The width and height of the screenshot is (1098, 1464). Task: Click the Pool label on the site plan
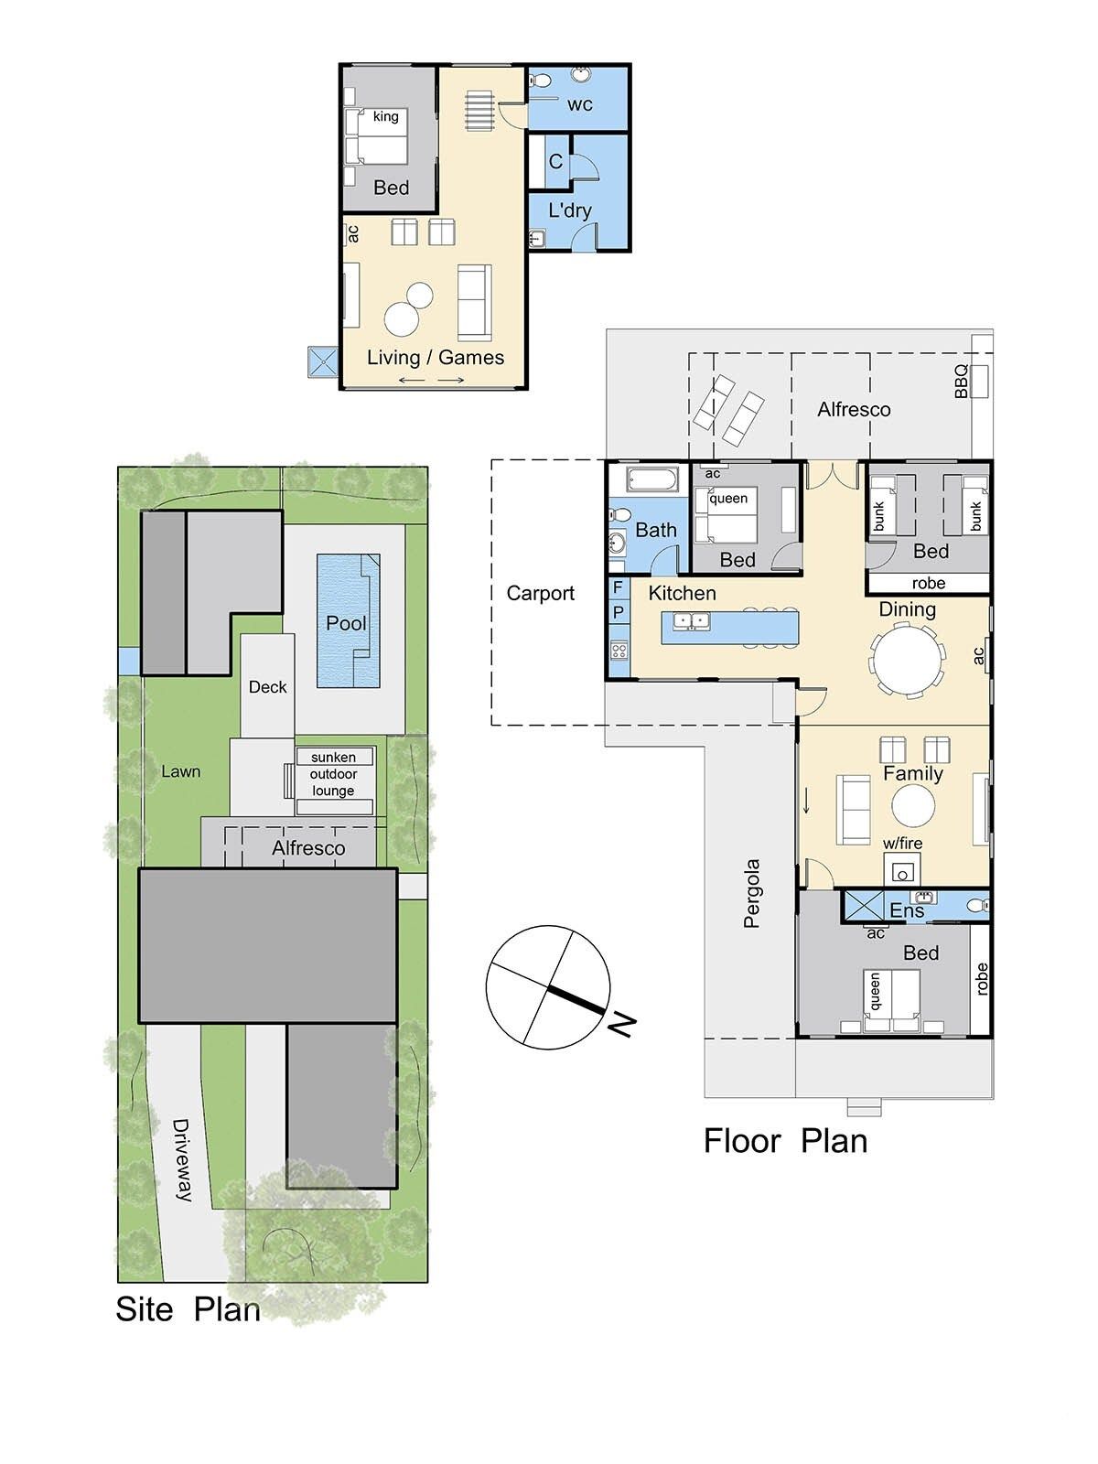pyautogui.click(x=346, y=623)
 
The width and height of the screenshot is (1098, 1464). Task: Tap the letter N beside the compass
pyautogui.click(x=621, y=1025)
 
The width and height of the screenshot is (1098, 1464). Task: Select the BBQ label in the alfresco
pyautogui.click(x=961, y=381)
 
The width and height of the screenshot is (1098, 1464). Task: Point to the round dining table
pyautogui.click(x=907, y=661)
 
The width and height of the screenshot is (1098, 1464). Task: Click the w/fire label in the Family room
pyautogui.click(x=903, y=843)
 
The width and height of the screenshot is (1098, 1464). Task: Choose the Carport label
pyautogui.click(x=540, y=593)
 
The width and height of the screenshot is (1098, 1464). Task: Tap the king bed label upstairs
pyautogui.click(x=385, y=116)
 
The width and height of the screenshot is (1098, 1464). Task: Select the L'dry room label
pyautogui.click(x=570, y=210)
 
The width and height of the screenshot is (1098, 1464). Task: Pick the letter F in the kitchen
pyautogui.click(x=618, y=587)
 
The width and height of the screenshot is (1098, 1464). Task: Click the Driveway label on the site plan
pyautogui.click(x=182, y=1160)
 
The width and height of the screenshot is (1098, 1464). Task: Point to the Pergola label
pyautogui.click(x=751, y=894)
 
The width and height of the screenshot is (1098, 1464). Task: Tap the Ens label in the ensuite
pyautogui.click(x=907, y=910)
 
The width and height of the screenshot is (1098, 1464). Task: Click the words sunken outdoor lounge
pyautogui.click(x=333, y=774)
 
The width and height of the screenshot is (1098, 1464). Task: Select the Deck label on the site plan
pyautogui.click(x=267, y=687)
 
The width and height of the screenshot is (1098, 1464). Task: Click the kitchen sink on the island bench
pyautogui.click(x=692, y=621)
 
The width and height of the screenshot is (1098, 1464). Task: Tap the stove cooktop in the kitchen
pyautogui.click(x=619, y=649)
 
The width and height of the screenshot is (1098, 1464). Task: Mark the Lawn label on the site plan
pyautogui.click(x=180, y=771)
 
